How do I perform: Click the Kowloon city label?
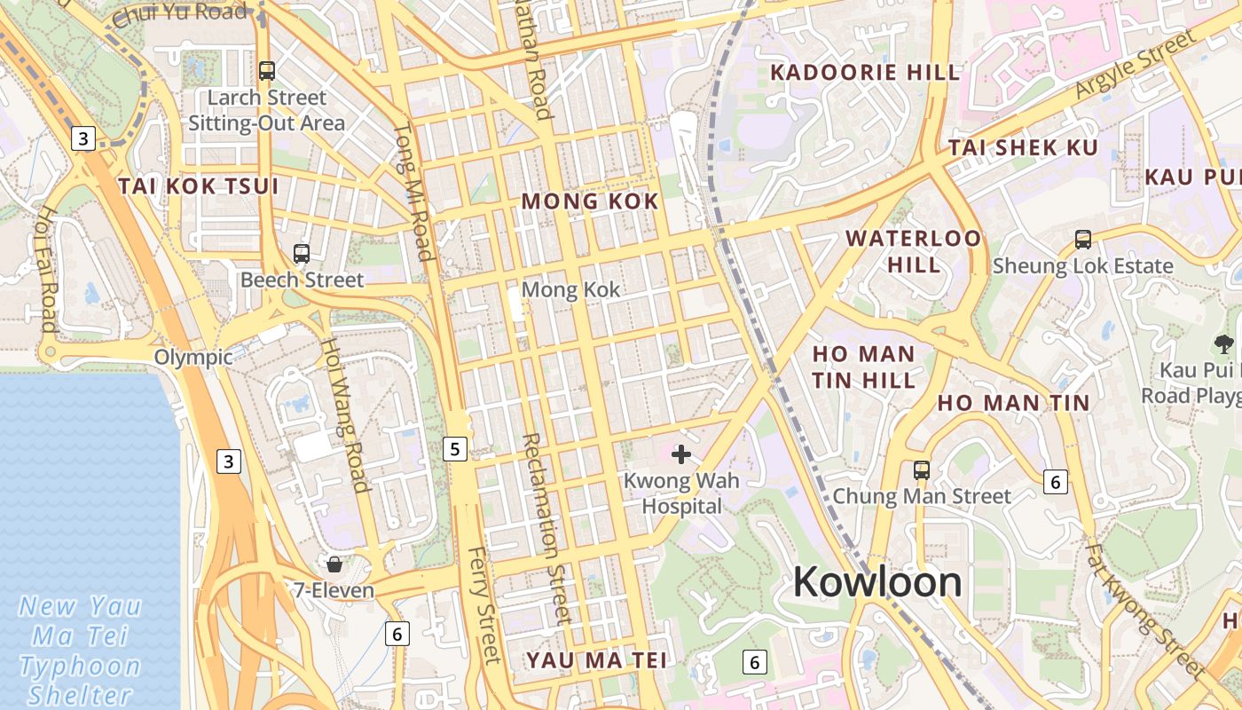click(x=877, y=582)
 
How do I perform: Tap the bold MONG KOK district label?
click(x=590, y=201)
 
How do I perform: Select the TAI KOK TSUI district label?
click(x=199, y=186)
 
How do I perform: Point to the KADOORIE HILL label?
click(x=865, y=73)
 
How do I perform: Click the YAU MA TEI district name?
click(x=595, y=660)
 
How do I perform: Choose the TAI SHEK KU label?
click(x=1024, y=148)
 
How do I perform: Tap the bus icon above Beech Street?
click(x=302, y=254)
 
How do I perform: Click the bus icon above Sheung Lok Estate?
click(x=1082, y=239)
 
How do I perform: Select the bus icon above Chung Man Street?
click(x=922, y=469)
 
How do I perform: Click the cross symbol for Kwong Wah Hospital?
click(x=681, y=455)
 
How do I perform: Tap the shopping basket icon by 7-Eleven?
click(x=334, y=564)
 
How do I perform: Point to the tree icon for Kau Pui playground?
click(x=1223, y=343)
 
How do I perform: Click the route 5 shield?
click(x=455, y=449)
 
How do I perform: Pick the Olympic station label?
click(x=193, y=357)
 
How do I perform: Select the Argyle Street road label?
click(x=1136, y=64)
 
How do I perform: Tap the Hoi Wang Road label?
click(x=343, y=414)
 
